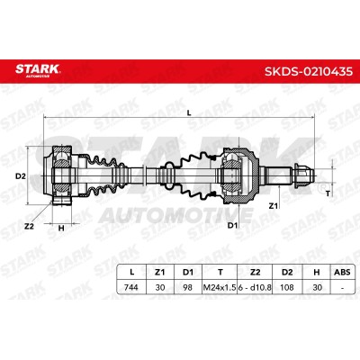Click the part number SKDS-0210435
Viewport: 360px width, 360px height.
coord(309,72)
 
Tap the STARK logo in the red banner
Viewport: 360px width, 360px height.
coord(38,69)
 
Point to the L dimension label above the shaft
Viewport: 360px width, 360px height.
coord(189,112)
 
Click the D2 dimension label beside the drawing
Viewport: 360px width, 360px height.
coord(21,176)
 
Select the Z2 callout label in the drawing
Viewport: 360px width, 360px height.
coord(29,227)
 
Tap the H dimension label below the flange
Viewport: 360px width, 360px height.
coord(61,229)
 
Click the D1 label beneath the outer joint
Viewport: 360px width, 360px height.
coord(232,225)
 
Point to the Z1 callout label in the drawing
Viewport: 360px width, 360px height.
coord(274,206)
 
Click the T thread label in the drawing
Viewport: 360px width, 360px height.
coord(328,193)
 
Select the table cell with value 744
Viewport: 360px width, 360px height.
coord(131,287)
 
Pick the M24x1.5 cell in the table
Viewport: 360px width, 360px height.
coord(220,287)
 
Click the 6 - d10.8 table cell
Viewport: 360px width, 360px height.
coord(255,287)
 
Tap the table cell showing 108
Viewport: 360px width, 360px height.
coord(287,287)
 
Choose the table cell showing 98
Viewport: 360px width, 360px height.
coord(188,287)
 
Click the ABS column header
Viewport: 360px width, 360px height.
coord(342,273)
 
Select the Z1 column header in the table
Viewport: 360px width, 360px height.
coord(160,273)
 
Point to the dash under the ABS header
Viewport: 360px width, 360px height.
coord(342,288)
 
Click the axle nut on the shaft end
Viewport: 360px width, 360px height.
coord(303,175)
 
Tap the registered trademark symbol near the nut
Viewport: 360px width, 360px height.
coord(321,188)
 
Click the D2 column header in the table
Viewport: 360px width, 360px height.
coord(287,273)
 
